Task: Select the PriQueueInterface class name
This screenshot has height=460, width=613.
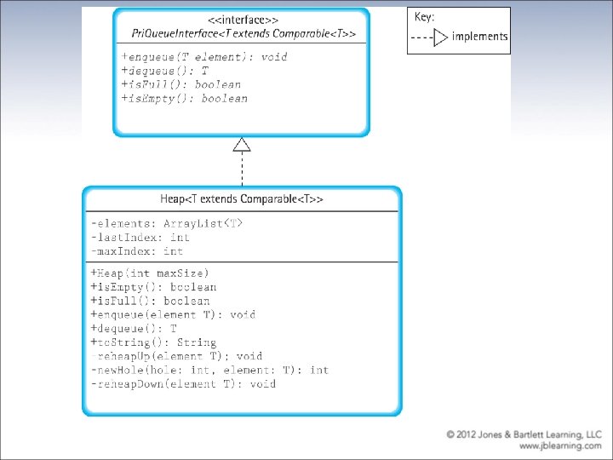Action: (243, 34)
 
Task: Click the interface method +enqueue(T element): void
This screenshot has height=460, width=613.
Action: (205, 57)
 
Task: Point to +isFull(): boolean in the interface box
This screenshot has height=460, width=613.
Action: (181, 84)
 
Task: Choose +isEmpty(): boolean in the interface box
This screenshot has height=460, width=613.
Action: (185, 98)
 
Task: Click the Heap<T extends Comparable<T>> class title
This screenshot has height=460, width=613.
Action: (242, 199)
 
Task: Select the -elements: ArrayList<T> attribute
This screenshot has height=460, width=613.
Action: (167, 224)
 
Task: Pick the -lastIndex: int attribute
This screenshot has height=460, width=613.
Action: (140, 238)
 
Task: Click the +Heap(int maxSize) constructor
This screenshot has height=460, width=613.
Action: (150, 273)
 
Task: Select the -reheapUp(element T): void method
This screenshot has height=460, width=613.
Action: (176, 356)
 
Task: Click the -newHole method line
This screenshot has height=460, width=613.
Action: (209, 370)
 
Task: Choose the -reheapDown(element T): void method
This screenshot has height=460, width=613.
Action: (183, 383)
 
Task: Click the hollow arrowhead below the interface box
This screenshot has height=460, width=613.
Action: (242, 144)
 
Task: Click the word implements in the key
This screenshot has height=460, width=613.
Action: (479, 37)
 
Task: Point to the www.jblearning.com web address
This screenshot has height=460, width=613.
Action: (560, 445)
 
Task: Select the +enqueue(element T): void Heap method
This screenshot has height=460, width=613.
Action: (173, 314)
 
